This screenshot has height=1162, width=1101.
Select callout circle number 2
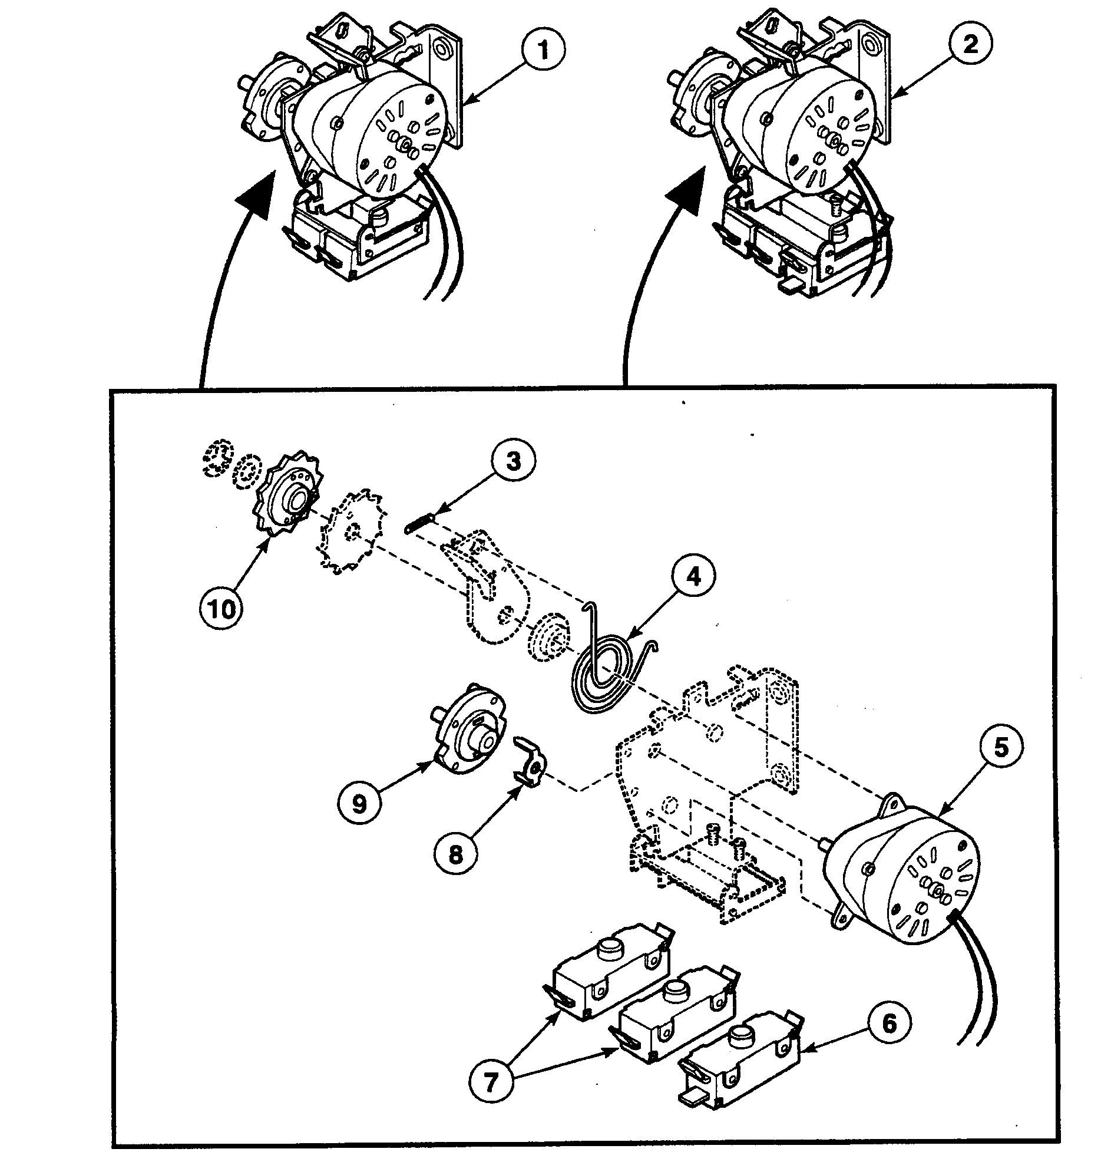[x=970, y=44]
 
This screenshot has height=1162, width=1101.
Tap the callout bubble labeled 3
[x=513, y=461]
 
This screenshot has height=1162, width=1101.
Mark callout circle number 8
[x=456, y=854]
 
